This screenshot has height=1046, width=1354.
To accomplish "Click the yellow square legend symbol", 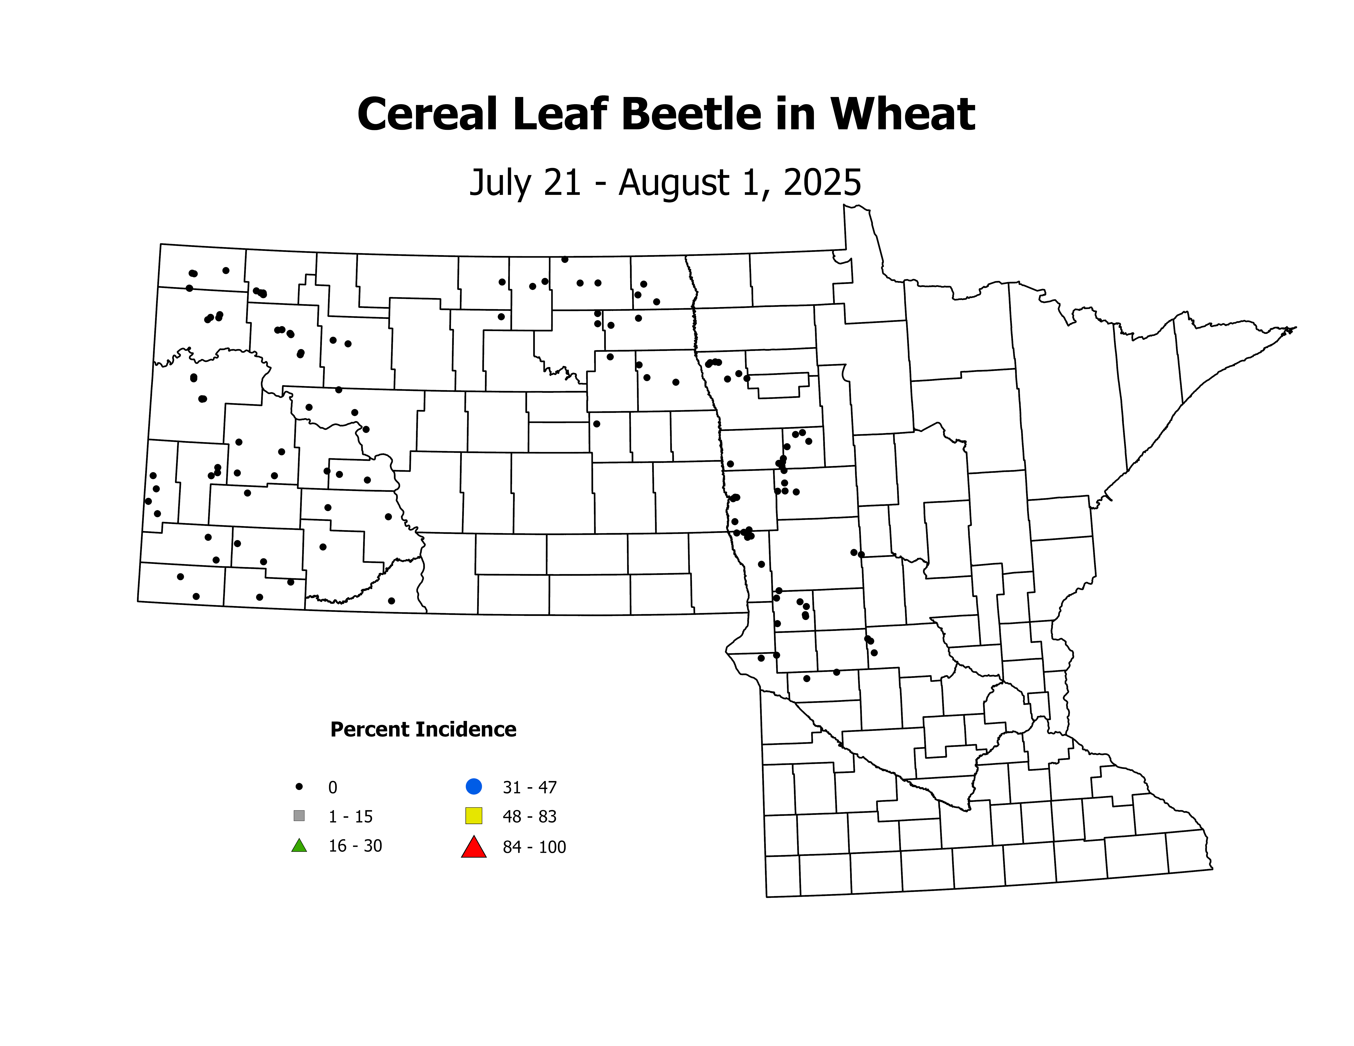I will point(474,815).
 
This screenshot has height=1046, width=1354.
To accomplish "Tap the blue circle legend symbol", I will point(474,786).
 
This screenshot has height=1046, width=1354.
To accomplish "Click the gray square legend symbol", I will point(299,815).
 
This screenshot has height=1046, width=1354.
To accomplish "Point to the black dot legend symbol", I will point(299,786).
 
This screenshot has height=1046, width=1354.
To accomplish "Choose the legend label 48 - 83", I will point(529,817).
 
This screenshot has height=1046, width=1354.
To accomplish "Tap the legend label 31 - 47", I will point(529,788).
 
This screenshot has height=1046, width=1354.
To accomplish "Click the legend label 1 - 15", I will point(350,817).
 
